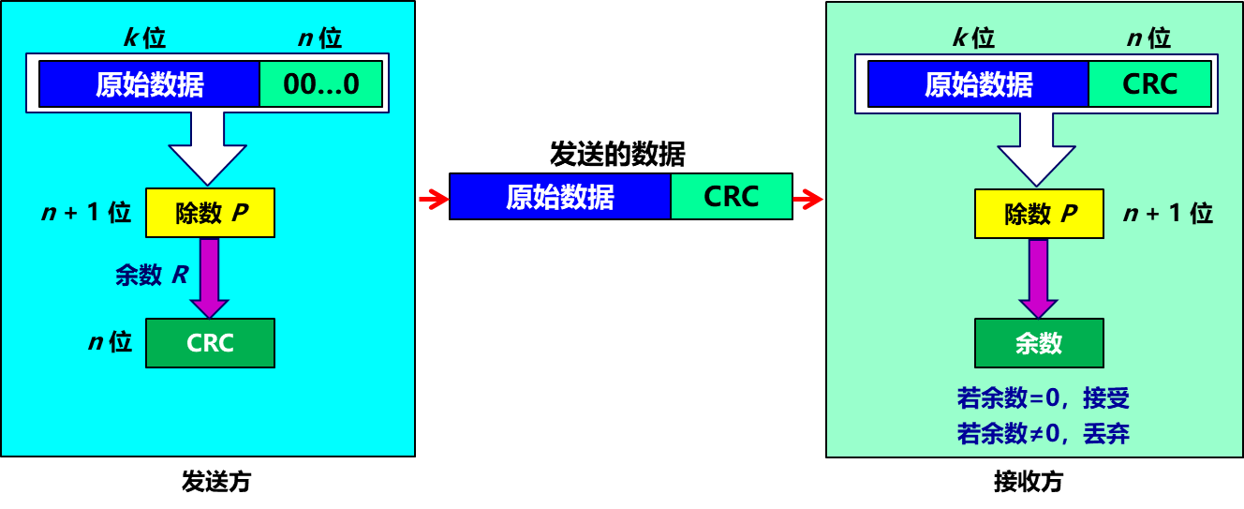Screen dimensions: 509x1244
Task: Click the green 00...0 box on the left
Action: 320,84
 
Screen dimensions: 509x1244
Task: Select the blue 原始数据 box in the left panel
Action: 149,84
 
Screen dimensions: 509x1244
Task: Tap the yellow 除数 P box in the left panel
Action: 210,214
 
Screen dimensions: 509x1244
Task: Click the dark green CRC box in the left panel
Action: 210,343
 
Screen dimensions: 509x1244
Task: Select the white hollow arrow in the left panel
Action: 207,148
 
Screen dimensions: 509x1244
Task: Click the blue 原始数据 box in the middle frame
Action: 560,197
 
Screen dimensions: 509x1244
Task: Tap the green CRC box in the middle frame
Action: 731,197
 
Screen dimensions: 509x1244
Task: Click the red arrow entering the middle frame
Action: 434,199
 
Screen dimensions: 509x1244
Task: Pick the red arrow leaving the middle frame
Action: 807,199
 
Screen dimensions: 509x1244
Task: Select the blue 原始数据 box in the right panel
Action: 978,84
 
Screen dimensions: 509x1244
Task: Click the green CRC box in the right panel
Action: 1149,84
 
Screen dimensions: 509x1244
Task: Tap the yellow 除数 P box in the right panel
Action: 1039,215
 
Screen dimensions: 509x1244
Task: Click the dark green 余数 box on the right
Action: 1039,343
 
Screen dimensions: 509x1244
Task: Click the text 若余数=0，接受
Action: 1043,398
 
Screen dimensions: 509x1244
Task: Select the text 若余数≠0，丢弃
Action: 1043,434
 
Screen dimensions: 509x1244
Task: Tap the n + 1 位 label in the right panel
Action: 1168,214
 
